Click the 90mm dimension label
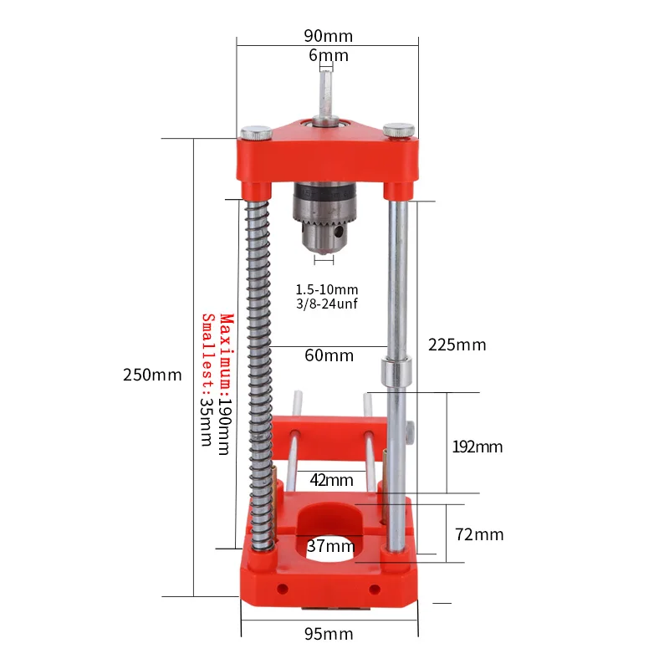click(x=328, y=35)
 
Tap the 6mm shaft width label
click(x=328, y=56)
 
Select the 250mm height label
click(x=152, y=375)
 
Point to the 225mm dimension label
click(x=457, y=345)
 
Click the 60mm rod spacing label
click(x=329, y=355)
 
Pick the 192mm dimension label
click(x=477, y=447)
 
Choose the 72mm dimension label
click(x=478, y=534)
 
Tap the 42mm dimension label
click(x=331, y=480)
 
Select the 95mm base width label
click(x=329, y=634)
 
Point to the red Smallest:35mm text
click(x=207, y=380)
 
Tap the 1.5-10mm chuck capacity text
click(x=326, y=289)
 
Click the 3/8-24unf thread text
click(x=326, y=304)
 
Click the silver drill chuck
click(x=324, y=220)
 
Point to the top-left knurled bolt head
click(x=256, y=131)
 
